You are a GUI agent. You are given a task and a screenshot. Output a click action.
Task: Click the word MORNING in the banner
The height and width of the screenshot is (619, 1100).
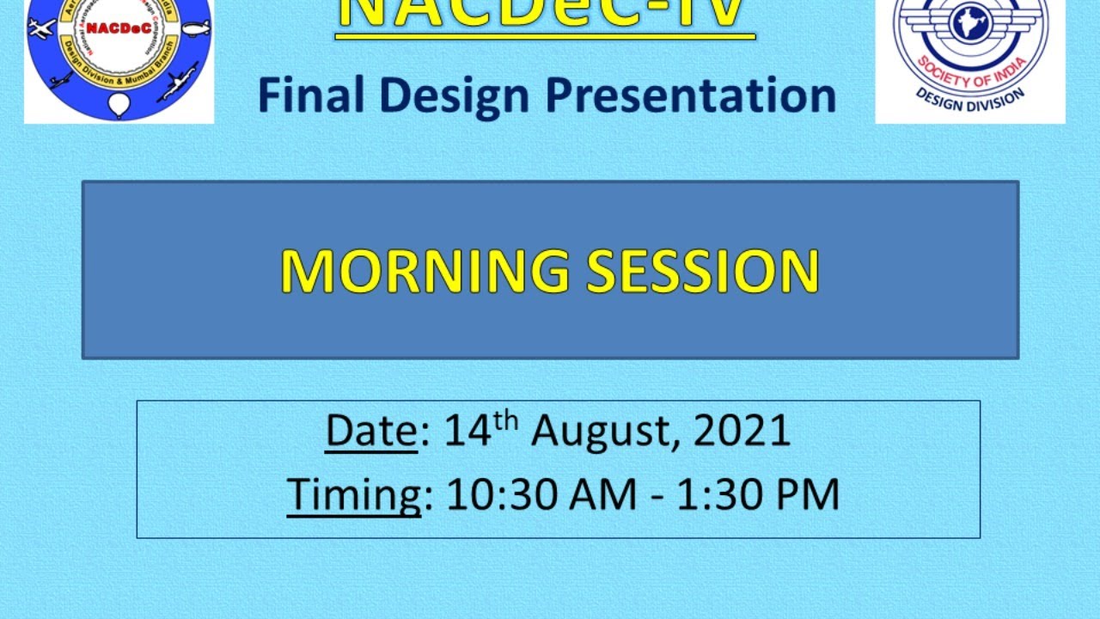(x=425, y=272)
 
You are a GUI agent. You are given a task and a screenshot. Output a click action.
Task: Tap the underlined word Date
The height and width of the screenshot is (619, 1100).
(x=371, y=432)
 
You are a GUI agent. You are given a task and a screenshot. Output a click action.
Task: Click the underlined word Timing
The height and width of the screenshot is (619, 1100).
(x=354, y=495)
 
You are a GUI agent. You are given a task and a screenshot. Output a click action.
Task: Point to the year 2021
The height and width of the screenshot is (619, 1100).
(x=742, y=432)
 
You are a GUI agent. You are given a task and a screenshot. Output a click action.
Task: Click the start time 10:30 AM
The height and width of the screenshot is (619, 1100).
(x=541, y=495)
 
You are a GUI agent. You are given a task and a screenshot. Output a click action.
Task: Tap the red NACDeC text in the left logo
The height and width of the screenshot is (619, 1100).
(x=119, y=28)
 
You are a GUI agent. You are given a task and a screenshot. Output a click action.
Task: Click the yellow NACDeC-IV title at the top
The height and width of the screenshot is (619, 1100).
(x=545, y=15)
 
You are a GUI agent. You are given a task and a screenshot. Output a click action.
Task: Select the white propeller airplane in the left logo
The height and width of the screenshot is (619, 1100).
(x=41, y=28)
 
